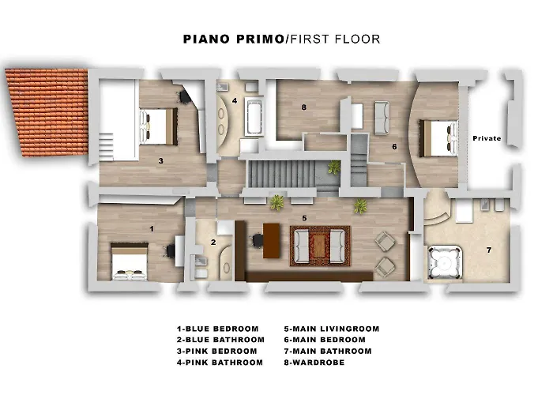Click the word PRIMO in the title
[x=260, y=39]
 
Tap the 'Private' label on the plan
[x=487, y=138]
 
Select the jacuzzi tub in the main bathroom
[x=445, y=262]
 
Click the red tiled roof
[x=47, y=112]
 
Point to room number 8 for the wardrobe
[x=303, y=107]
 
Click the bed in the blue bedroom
[x=130, y=261]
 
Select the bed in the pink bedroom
[x=158, y=126]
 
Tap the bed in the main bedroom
[x=438, y=138]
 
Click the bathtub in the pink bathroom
[x=254, y=117]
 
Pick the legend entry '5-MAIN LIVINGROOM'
[x=332, y=329]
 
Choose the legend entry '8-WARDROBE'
[x=314, y=363]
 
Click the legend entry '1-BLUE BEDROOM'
[x=217, y=329]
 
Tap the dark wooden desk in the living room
[x=272, y=241]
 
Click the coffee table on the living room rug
[x=319, y=246]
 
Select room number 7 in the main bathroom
[x=489, y=250]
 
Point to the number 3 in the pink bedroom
[x=161, y=161]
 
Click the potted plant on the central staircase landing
[x=333, y=167]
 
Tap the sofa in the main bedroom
[x=382, y=118]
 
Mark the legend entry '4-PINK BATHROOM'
[x=220, y=363]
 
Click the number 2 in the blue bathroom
[x=213, y=243]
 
